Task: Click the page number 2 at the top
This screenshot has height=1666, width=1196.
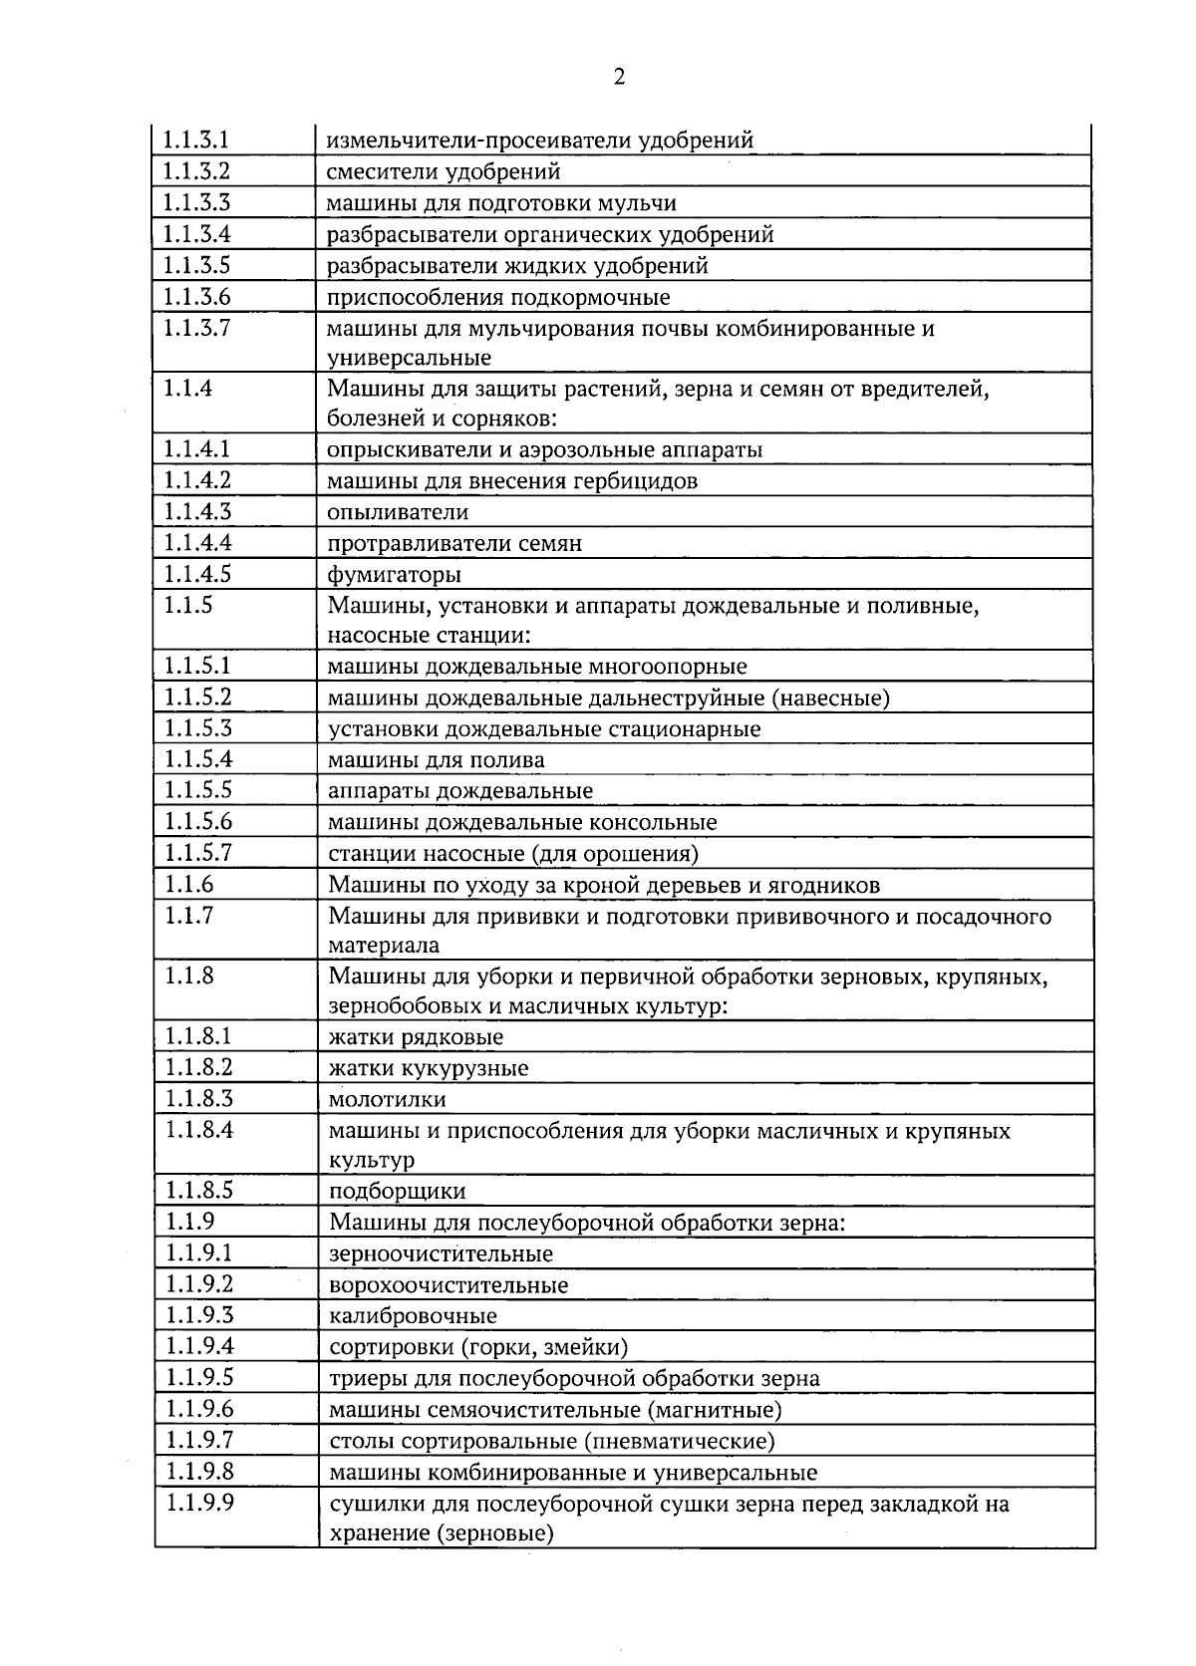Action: coord(619,78)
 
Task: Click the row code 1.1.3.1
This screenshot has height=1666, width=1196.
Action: coord(196,140)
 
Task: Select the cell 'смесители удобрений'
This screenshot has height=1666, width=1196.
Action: coord(444,171)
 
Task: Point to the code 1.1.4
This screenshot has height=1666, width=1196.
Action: coord(188,389)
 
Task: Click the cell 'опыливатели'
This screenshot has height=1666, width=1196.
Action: coord(398,512)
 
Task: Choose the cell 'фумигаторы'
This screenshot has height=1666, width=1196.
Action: coord(394,575)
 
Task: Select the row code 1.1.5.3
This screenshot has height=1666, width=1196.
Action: coord(197,728)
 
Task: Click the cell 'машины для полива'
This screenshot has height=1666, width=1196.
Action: coord(437,760)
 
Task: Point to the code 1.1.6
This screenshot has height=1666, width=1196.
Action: coord(189,885)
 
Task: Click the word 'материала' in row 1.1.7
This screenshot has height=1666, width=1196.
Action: coord(384,945)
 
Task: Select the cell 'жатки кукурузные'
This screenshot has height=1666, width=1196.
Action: coord(429,1068)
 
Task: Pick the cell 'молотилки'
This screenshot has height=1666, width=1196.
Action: coord(388,1100)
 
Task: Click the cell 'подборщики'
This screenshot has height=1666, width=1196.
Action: coord(397,1192)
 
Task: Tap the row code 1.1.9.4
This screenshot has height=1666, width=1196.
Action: coord(198,1347)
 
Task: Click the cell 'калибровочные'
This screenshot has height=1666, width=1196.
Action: coord(413,1316)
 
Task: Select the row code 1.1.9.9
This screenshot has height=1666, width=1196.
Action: coord(198,1504)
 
